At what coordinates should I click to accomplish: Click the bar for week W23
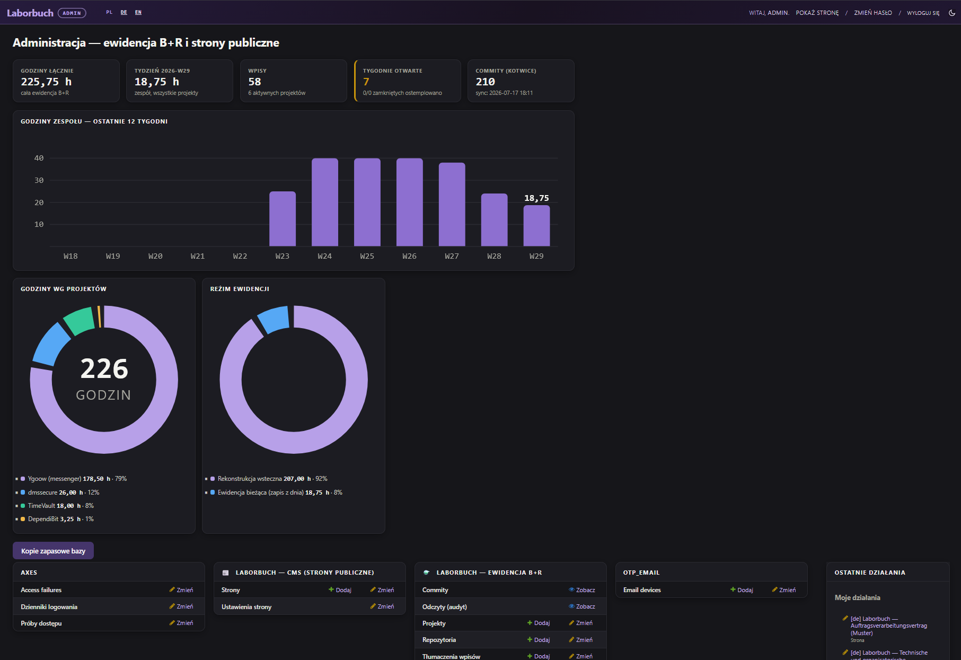coord(283,219)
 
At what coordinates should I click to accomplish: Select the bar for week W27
coord(452,205)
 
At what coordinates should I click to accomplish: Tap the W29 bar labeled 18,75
coord(536,226)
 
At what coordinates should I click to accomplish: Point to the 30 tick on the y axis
coord(39,180)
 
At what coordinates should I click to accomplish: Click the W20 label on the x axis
coord(155,256)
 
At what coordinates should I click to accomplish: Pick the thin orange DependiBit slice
coord(99,316)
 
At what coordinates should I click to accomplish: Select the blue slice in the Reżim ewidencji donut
coord(274,320)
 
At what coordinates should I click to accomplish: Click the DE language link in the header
coord(124,12)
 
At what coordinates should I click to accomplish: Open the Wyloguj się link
coord(923,13)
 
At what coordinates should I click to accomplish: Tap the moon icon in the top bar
coord(952,13)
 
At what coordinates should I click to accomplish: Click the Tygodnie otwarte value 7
coord(366,82)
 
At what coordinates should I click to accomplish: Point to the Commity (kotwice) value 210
coord(486,82)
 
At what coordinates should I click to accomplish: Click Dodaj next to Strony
coord(340,590)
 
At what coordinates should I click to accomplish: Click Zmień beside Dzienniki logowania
coord(181,606)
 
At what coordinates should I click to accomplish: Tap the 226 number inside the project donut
coord(104,368)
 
